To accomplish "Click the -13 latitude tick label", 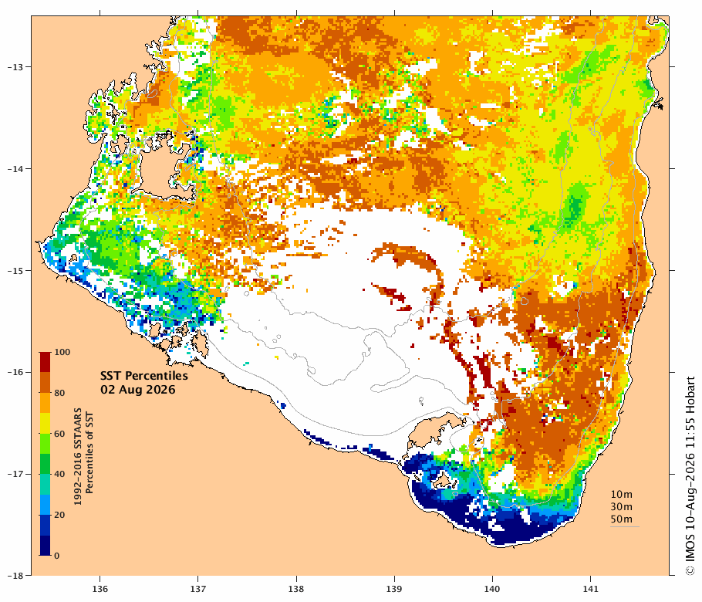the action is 15,67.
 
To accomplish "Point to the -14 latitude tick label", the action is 15,169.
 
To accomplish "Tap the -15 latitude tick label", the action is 15,271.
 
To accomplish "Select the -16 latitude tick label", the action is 15,372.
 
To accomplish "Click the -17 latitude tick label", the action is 15,474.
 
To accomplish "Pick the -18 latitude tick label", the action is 15,576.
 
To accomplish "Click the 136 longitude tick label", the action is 100,589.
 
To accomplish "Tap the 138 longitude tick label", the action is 296,589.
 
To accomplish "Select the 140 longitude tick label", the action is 492,589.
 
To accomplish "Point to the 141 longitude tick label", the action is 590,589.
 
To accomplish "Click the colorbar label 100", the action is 62,352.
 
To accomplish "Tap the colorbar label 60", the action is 59,434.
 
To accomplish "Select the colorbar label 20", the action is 59,515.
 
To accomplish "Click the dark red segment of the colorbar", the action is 44,363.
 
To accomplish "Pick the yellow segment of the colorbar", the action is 44,423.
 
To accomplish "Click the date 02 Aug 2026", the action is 138,389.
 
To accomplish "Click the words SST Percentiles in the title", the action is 144,375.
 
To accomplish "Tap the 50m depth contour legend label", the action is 622,519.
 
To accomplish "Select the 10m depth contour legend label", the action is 622,495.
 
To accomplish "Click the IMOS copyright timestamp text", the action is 690,475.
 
